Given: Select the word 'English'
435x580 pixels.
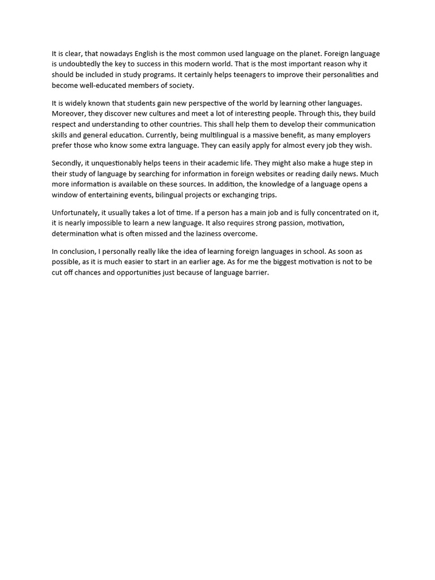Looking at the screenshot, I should click(x=146, y=54).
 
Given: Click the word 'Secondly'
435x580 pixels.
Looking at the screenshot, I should click(x=67, y=164).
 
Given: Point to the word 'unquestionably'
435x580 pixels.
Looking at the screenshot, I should click(x=116, y=164).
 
